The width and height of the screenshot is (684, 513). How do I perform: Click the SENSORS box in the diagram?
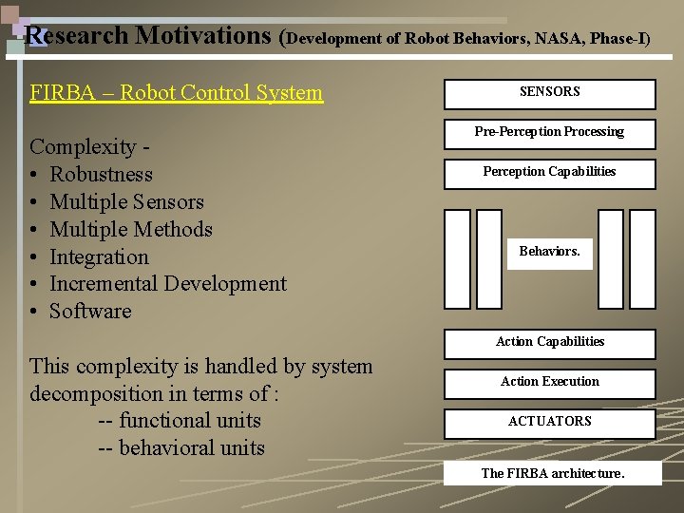tap(549, 93)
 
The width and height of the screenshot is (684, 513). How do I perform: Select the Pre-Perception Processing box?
tap(549, 133)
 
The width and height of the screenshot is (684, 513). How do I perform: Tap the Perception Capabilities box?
tap(549, 173)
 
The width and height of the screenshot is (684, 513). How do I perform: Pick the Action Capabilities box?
tap(549, 342)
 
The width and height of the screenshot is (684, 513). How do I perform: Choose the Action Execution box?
tap(549, 382)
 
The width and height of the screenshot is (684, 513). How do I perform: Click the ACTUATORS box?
tap(549, 422)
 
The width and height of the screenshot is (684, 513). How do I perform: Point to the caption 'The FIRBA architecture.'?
tap(553, 473)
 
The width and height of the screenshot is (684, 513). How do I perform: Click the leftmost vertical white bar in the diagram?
tap(458, 258)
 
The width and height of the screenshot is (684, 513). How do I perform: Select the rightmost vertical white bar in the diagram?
tap(642, 258)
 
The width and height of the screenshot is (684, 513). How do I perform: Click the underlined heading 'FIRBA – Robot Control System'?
tap(176, 93)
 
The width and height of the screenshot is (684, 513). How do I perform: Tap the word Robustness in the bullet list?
tap(101, 175)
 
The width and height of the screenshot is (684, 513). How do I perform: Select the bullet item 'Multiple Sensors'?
tap(126, 202)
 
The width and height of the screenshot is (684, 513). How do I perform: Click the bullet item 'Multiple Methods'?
tap(130, 230)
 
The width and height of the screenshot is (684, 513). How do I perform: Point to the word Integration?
tap(99, 257)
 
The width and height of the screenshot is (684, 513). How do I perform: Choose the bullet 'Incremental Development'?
tap(167, 284)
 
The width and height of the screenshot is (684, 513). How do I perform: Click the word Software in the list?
tap(90, 312)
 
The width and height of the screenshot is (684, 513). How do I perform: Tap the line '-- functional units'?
tap(180, 421)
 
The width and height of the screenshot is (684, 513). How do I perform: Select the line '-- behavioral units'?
tap(181, 448)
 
